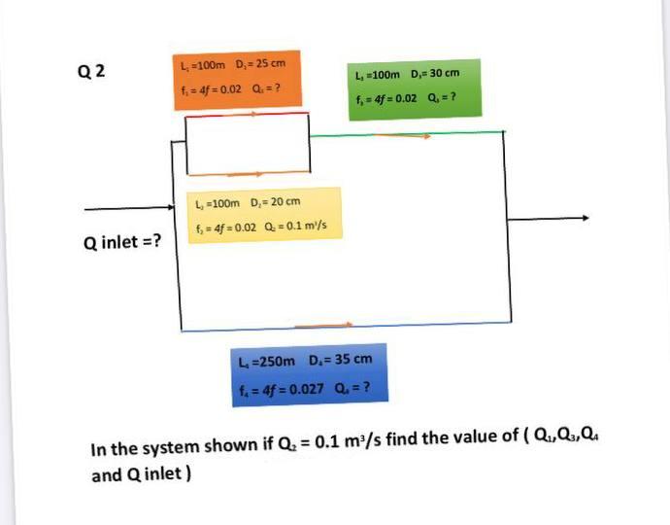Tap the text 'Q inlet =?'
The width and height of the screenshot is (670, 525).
tap(123, 240)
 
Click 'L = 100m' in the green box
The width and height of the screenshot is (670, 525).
tap(377, 74)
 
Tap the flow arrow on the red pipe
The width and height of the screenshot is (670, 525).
tap(251, 114)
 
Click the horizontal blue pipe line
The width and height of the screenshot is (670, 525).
tap(388, 325)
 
